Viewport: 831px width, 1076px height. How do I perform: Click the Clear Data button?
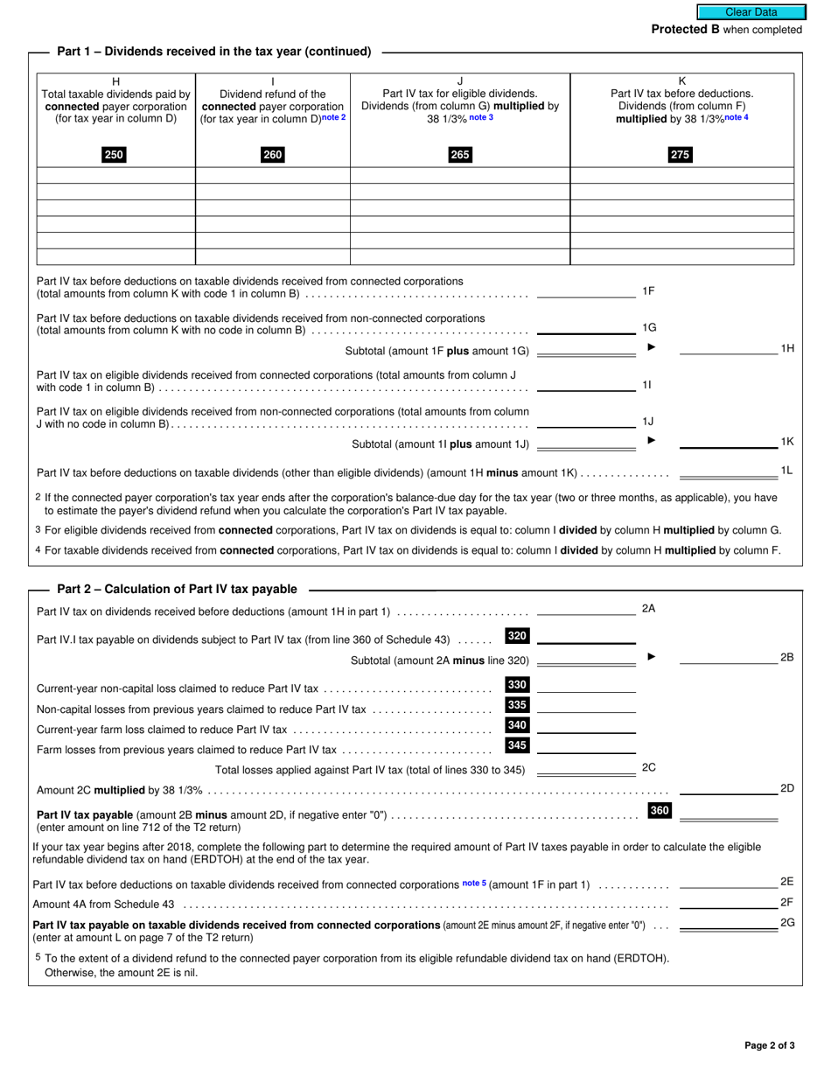click(750, 12)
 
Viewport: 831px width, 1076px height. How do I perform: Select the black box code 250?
click(114, 156)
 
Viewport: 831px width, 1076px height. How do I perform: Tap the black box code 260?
click(272, 156)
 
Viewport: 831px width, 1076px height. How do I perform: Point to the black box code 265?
click(459, 156)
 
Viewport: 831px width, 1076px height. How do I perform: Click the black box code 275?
click(680, 156)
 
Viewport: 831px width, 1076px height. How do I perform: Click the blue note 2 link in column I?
click(333, 118)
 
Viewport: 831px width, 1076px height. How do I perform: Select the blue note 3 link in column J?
click(481, 118)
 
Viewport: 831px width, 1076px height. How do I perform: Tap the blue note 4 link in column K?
click(736, 118)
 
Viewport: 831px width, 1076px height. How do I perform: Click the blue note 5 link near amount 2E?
click(473, 884)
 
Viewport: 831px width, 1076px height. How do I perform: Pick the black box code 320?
click(517, 637)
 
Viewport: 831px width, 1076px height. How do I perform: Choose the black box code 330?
click(517, 685)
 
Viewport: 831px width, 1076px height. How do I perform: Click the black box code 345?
click(517, 745)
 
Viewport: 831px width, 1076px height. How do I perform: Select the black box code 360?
click(660, 811)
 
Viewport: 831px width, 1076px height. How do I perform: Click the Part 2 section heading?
click(177, 590)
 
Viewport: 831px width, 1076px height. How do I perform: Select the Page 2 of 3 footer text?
click(769, 1045)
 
